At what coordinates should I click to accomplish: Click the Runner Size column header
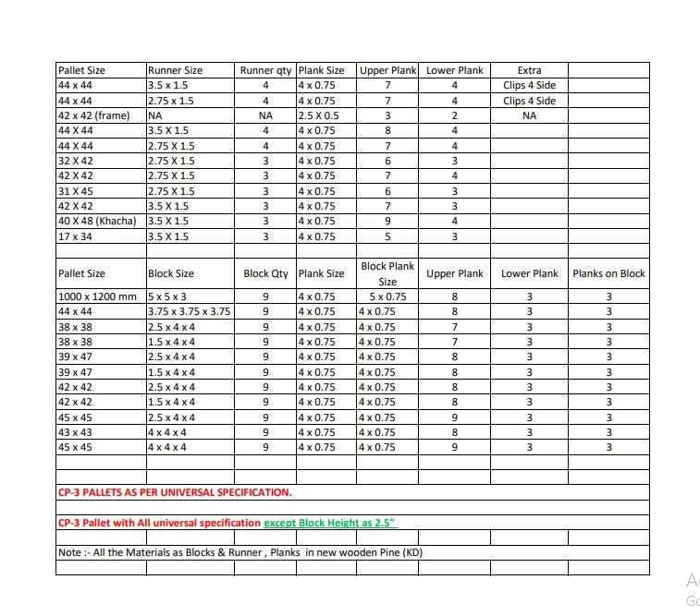coord(175,70)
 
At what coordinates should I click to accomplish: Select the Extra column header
coord(529,70)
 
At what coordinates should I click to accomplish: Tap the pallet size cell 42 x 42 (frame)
coord(93,115)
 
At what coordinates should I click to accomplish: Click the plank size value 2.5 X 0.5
coord(319,115)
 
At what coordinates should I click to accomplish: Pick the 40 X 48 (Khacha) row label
coord(97,221)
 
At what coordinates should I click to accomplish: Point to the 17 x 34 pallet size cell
coord(75,236)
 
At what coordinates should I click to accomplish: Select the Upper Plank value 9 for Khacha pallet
coord(387,221)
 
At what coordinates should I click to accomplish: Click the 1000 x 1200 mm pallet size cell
coord(97,296)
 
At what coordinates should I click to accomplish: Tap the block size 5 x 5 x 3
coord(167,296)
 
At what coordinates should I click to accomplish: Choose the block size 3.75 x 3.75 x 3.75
coord(189,311)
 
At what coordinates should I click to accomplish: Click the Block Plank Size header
coord(387,273)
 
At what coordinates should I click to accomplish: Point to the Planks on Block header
coord(608,273)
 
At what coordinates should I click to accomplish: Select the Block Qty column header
coord(265,273)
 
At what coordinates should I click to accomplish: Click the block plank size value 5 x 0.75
coord(387,296)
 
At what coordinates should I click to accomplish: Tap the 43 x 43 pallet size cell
coord(75,431)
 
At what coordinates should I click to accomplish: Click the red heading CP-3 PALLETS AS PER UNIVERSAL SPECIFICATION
coord(175,492)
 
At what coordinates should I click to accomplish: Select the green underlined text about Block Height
coord(330,523)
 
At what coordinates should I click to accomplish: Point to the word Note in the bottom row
coord(69,552)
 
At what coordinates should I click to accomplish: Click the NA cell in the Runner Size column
coord(155,115)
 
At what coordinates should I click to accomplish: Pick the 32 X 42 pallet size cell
coord(75,161)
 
